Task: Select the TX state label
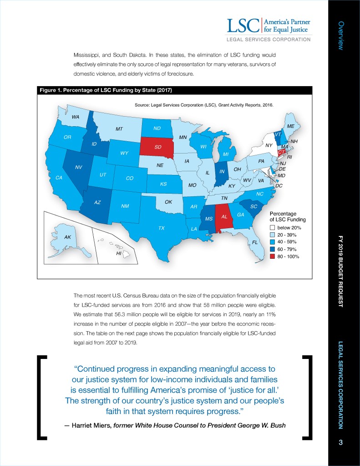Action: [x=161, y=228]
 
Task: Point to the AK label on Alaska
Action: [x=67, y=237]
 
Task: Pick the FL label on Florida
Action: [x=255, y=242]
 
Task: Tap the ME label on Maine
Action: [x=290, y=126]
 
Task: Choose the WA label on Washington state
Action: [x=76, y=117]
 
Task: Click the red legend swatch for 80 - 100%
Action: [x=272, y=257]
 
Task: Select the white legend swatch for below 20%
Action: [x=272, y=227]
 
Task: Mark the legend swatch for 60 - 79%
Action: [x=272, y=250]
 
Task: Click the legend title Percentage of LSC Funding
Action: [x=284, y=217]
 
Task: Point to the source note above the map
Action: [x=203, y=105]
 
